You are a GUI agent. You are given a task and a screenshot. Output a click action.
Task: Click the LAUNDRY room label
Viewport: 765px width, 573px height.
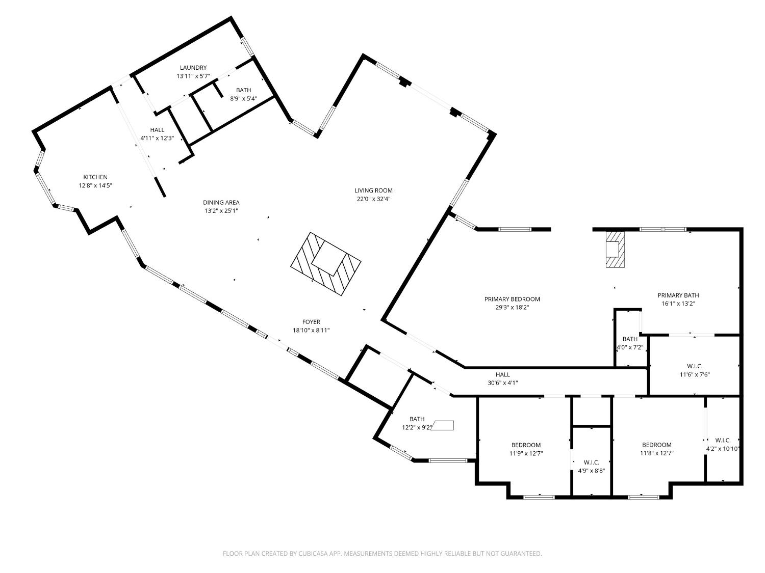[x=193, y=68]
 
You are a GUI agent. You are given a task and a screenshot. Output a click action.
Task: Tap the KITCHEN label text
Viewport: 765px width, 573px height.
[x=95, y=177]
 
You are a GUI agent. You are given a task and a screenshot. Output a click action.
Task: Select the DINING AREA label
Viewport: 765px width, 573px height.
[x=221, y=202]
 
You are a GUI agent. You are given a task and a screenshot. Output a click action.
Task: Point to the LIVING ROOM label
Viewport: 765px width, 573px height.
[x=373, y=191]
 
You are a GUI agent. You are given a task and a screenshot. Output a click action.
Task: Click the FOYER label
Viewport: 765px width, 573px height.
[x=311, y=322]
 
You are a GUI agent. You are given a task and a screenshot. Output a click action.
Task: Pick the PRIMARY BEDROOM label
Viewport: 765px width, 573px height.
[x=512, y=299]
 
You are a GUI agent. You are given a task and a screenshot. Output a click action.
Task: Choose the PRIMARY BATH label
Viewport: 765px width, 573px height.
[x=678, y=295]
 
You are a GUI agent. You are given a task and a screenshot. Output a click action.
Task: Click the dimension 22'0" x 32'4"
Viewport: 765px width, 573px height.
[x=373, y=199]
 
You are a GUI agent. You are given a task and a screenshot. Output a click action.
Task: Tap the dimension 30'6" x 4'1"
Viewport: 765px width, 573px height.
[x=502, y=383]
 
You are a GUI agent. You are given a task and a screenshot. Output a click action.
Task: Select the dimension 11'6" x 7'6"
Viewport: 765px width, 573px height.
[x=694, y=374]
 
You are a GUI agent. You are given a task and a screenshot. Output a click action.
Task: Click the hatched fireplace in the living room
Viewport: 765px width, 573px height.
[x=326, y=263]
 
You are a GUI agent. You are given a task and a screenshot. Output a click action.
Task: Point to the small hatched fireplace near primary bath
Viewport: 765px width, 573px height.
[x=615, y=249]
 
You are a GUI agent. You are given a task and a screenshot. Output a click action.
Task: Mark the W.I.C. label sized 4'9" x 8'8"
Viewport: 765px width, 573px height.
[x=591, y=462]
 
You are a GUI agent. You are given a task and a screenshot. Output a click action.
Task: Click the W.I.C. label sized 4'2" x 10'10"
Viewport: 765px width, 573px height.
[x=723, y=440]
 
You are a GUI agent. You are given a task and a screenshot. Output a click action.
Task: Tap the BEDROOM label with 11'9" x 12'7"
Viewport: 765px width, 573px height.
[x=526, y=445]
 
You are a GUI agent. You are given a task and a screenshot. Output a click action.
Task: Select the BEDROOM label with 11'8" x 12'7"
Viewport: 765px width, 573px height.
[x=656, y=445]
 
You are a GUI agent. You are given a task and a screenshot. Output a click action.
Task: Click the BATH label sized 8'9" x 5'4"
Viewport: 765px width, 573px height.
[x=243, y=90]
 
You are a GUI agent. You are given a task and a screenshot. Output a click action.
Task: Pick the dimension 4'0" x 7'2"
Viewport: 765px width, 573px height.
[x=630, y=347]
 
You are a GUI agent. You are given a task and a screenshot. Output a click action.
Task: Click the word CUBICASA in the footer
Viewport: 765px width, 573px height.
[x=313, y=553]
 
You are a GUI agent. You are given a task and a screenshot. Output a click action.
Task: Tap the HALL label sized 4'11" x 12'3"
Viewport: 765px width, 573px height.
[x=157, y=130]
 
